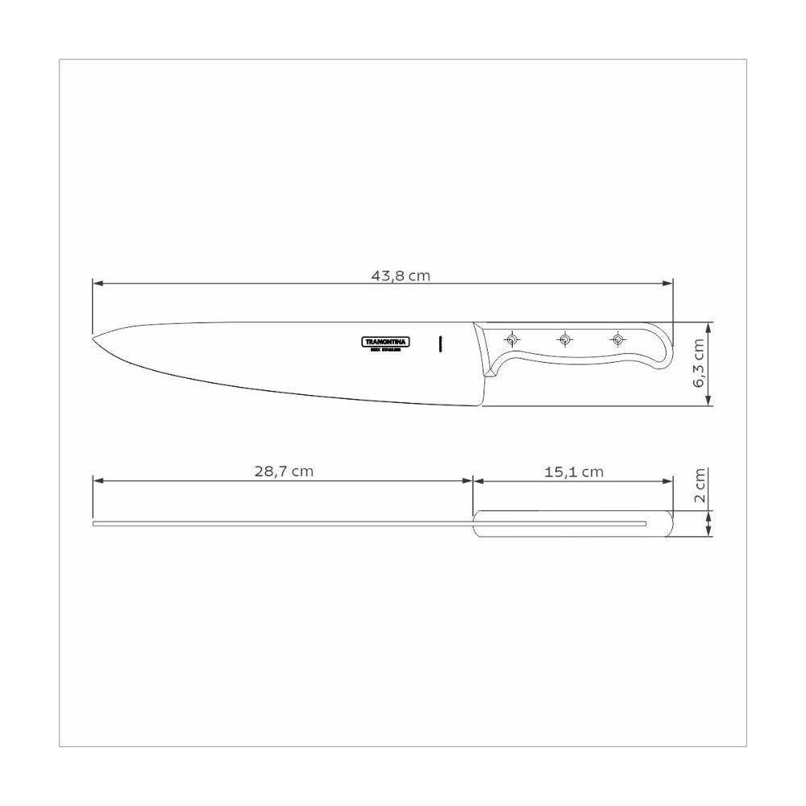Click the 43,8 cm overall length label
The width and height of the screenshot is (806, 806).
point(401,275)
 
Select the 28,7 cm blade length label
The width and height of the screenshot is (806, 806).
point(284,472)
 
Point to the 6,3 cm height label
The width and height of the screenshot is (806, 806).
point(698,364)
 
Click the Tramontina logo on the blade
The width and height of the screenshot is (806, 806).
point(385,343)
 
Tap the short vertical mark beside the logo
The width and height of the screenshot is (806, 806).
point(440,343)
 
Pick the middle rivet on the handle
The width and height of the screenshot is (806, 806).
point(564,338)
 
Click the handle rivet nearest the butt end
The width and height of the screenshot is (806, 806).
point(617,338)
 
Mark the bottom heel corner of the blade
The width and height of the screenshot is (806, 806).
point(483,406)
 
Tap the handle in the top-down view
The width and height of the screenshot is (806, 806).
point(572,524)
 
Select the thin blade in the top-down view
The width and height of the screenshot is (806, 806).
point(282,524)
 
